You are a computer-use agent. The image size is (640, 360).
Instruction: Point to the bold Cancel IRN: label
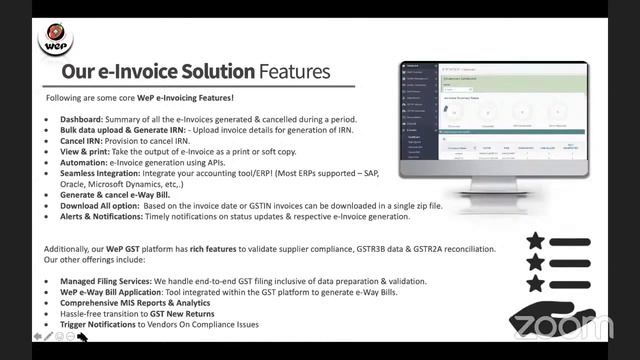[x=83, y=141]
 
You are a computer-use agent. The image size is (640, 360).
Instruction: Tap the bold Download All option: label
[x=101, y=206]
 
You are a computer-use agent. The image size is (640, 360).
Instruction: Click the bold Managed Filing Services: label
[x=110, y=282]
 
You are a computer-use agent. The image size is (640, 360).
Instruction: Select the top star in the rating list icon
[x=536, y=241]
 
